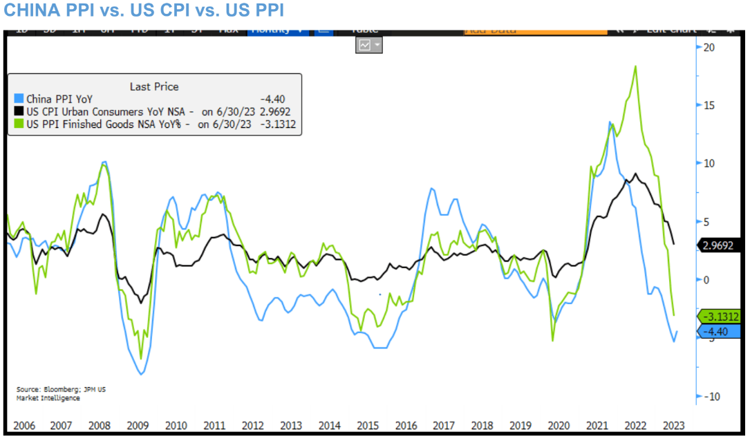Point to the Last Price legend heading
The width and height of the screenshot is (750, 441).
[x=154, y=86]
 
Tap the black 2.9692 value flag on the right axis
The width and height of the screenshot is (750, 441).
[x=718, y=245]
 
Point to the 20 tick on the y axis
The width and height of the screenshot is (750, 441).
[x=708, y=47]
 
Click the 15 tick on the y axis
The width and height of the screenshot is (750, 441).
[x=708, y=105]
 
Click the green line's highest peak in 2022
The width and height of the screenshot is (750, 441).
[x=635, y=66]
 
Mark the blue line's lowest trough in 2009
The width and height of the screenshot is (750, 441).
[x=141, y=374]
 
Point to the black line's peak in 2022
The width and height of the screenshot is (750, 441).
[x=635, y=174]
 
